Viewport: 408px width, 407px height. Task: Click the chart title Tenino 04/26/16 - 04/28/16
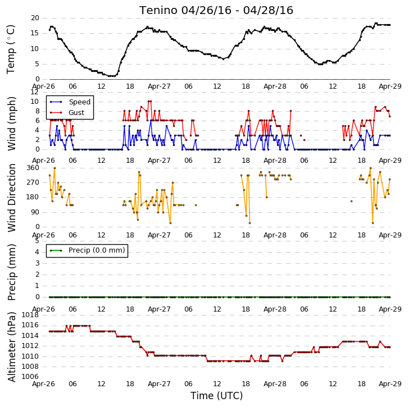[x=216, y=11]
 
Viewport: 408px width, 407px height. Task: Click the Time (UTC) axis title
[x=216, y=396]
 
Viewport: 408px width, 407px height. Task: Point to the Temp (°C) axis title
[x=11, y=49]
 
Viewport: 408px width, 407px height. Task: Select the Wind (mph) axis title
[x=11, y=124]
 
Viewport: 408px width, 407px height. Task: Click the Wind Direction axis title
[x=11, y=198]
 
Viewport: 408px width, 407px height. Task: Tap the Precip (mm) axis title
[x=11, y=272]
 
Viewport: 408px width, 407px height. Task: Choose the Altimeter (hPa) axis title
[x=11, y=347]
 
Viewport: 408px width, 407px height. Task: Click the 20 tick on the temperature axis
[x=35, y=18]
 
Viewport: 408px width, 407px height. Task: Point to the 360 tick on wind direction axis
[x=33, y=168]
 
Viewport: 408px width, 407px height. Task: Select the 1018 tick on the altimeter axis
[x=30, y=315]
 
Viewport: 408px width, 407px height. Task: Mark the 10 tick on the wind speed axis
[x=35, y=102]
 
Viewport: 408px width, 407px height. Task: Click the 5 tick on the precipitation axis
[x=37, y=241]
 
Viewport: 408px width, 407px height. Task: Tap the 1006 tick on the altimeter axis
[x=30, y=377]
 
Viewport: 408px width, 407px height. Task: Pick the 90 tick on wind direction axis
[x=35, y=212]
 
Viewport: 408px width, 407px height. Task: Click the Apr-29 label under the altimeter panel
[x=390, y=384]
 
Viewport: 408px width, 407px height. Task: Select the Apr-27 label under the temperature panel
[x=159, y=86]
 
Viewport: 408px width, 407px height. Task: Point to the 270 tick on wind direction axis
[x=33, y=182]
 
